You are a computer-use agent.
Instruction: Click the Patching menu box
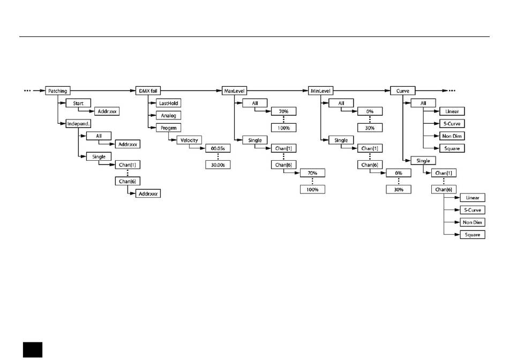pyautogui.click(x=57, y=91)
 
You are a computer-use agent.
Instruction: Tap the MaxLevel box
pyautogui.click(x=234, y=91)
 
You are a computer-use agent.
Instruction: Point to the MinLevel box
pyautogui.click(x=320, y=91)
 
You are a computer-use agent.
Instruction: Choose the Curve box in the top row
pyautogui.click(x=403, y=91)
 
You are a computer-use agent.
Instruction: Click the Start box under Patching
pyautogui.click(x=78, y=102)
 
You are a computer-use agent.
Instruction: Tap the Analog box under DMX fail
pyautogui.click(x=169, y=115)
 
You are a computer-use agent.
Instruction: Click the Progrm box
pyautogui.click(x=169, y=127)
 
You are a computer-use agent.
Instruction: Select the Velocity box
pyautogui.click(x=189, y=140)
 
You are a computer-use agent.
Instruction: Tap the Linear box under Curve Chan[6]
pyautogui.click(x=472, y=198)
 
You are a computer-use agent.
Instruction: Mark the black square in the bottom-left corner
pyautogui.click(x=32, y=349)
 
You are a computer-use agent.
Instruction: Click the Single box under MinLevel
pyautogui.click(x=341, y=140)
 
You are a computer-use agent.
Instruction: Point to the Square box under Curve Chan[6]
pyautogui.click(x=472, y=235)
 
